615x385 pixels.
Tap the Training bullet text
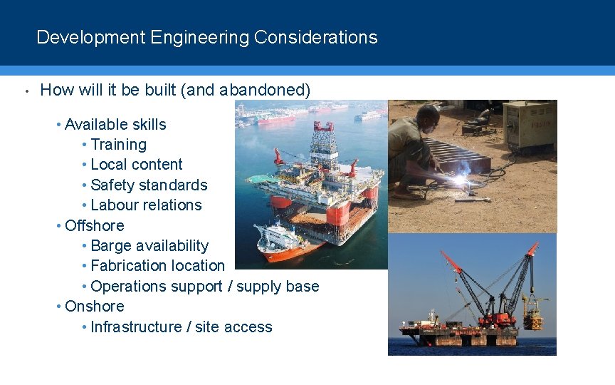(118, 145)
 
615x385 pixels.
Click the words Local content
(137, 165)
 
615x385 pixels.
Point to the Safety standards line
(149, 185)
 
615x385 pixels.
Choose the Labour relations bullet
(146, 205)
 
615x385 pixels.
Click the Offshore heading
(94, 226)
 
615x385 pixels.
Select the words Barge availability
(149, 246)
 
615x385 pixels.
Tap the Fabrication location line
(157, 266)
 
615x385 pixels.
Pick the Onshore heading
(94, 307)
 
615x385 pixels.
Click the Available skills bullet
(115, 125)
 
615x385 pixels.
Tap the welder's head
(428, 115)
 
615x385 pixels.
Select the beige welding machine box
(529, 125)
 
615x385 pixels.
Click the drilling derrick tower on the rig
(324, 143)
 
